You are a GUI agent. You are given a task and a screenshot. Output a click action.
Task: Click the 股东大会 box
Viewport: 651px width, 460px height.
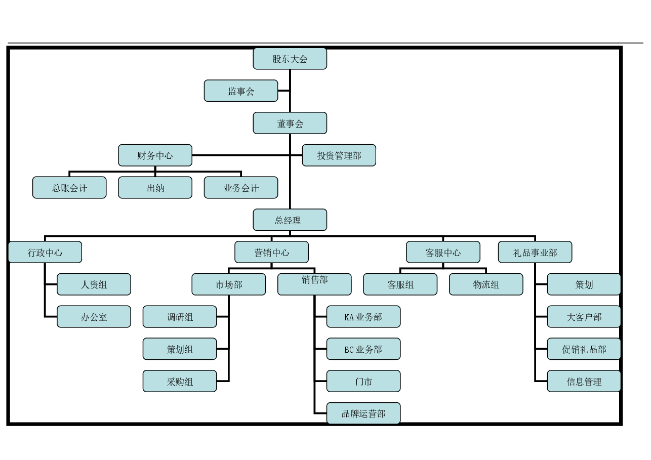[x=290, y=59]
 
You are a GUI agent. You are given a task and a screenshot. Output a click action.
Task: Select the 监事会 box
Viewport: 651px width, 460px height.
[x=240, y=91]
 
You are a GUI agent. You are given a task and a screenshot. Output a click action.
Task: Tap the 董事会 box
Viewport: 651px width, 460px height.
[x=290, y=123]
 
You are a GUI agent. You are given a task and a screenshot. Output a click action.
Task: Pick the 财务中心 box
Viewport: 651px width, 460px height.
[x=155, y=155]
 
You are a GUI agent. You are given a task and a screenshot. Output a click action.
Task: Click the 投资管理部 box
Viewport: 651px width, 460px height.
[x=339, y=155]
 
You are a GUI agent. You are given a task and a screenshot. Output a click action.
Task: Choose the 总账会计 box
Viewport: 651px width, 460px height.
[x=69, y=188]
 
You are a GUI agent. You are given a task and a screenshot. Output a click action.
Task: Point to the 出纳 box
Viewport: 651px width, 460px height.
[x=155, y=188]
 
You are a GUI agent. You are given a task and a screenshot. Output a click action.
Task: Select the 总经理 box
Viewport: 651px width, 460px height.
[x=290, y=220]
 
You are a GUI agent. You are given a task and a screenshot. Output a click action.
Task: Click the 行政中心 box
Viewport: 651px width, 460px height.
[x=45, y=252]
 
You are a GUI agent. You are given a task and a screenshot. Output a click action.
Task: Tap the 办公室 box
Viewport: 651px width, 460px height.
[x=94, y=317]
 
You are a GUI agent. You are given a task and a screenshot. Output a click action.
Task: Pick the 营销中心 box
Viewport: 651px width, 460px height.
[x=271, y=252]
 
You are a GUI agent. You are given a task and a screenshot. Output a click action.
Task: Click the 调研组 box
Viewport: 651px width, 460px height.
[x=180, y=317]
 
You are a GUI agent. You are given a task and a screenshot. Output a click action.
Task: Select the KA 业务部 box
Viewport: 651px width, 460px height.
[x=363, y=317]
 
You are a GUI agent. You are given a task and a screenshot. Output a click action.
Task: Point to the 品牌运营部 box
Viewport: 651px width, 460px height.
[x=363, y=413]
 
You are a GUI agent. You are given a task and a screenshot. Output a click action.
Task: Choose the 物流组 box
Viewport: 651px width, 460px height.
[x=486, y=284]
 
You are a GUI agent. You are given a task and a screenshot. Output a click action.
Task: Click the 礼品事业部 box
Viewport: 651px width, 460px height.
[x=535, y=252]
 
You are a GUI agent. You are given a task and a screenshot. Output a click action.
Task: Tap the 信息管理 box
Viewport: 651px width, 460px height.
[x=584, y=381]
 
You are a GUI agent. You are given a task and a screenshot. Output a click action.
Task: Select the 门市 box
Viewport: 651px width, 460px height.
[x=363, y=381]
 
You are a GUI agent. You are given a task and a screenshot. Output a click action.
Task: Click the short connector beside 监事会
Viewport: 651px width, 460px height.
[x=283, y=91]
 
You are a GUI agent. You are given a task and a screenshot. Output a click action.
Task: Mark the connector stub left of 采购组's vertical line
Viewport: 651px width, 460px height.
[x=222, y=381]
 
